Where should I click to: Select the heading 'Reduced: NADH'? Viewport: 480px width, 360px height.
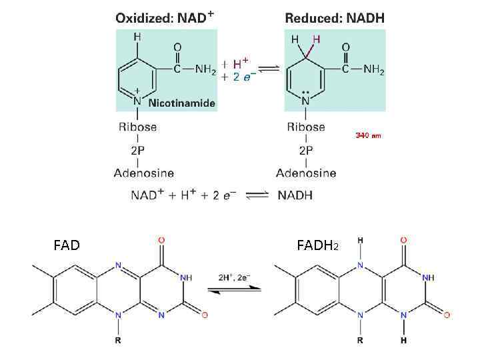pyautogui.click(x=335, y=18)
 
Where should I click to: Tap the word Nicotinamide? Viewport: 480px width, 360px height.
pyautogui.click(x=181, y=103)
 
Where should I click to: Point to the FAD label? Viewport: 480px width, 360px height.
pyautogui.click(x=67, y=245)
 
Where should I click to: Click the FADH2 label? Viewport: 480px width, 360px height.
pyautogui.click(x=318, y=246)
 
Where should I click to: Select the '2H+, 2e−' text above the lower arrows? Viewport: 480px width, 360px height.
pyautogui.click(x=234, y=276)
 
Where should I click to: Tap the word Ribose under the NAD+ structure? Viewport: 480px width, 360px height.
pyautogui.click(x=137, y=127)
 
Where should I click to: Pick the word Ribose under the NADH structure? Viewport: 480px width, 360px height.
pyautogui.click(x=306, y=127)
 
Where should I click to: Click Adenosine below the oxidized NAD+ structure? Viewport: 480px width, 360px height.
pyautogui.click(x=143, y=173)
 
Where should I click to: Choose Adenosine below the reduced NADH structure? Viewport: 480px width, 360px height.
pyautogui.click(x=306, y=173)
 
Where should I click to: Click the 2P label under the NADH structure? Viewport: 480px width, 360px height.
pyautogui.click(x=306, y=149)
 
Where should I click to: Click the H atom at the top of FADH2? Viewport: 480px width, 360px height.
pyautogui.click(x=360, y=239)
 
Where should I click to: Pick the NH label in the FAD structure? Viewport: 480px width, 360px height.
pyautogui.click(x=187, y=277)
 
